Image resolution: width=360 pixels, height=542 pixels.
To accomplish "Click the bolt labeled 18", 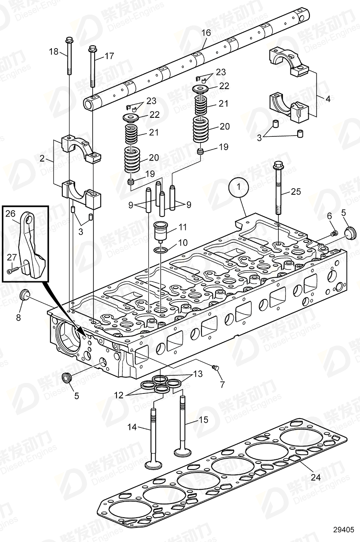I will [68, 57].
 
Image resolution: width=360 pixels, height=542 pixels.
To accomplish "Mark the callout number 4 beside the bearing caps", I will [328, 98].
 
